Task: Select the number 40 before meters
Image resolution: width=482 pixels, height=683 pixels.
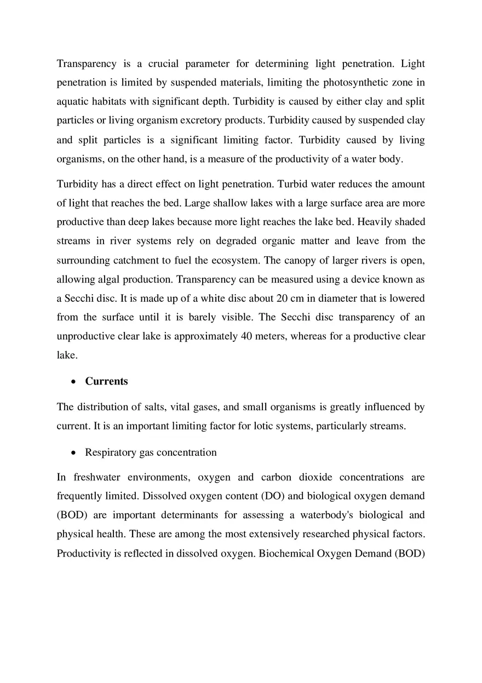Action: coord(246,336)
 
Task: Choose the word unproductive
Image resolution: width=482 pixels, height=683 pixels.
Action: coord(85,336)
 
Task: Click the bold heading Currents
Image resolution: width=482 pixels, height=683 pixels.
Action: coord(106,381)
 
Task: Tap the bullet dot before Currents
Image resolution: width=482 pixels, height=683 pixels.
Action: coord(73,382)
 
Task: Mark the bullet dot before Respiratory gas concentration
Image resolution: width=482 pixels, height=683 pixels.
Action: coord(73,453)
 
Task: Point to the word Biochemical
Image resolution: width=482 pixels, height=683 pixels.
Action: coord(285,553)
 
